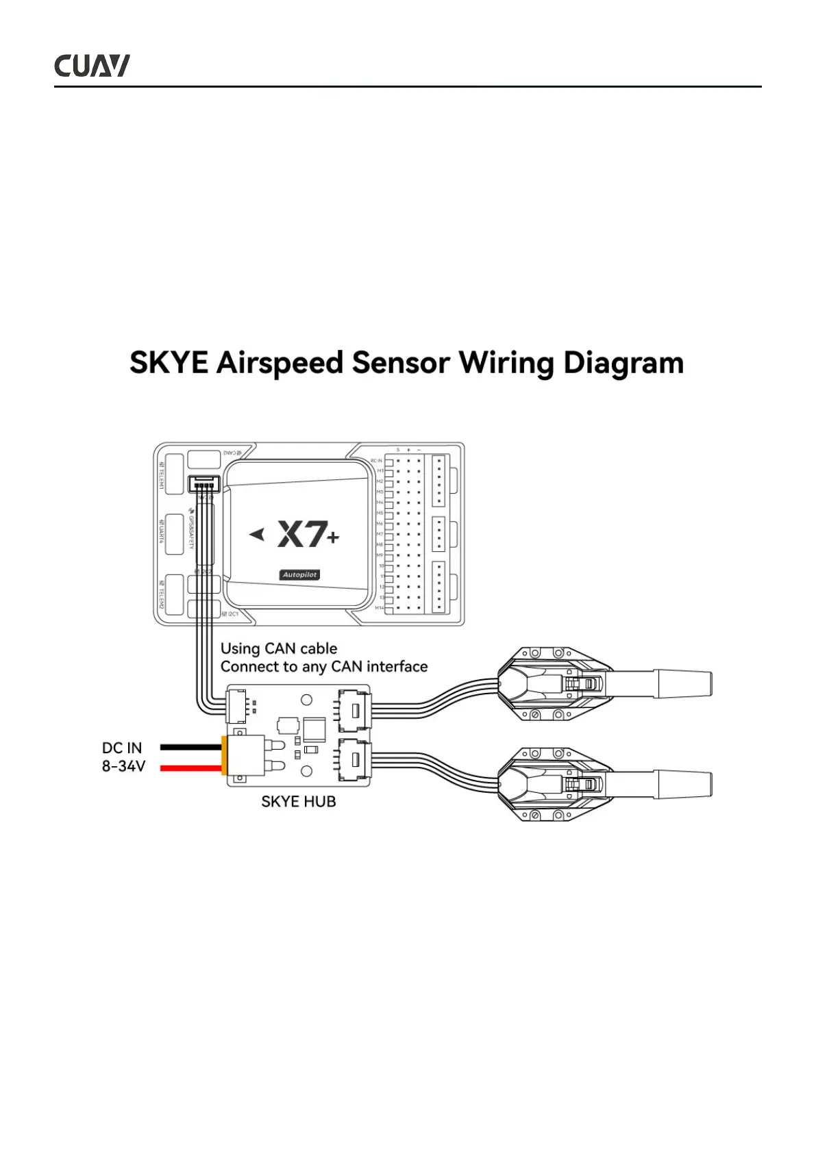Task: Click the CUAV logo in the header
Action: coord(92,66)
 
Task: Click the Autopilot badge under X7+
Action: coord(300,575)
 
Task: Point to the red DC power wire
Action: coord(190,768)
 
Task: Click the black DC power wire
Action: coord(190,747)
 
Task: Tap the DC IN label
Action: coord(122,748)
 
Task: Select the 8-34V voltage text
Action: coord(123,767)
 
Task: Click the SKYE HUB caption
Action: coord(299,802)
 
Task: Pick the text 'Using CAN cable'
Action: coord(279,648)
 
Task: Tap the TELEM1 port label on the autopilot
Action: coord(162,475)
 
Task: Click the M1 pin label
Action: coord(380,471)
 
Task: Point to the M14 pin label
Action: coord(379,608)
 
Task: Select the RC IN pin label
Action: coord(376,461)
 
